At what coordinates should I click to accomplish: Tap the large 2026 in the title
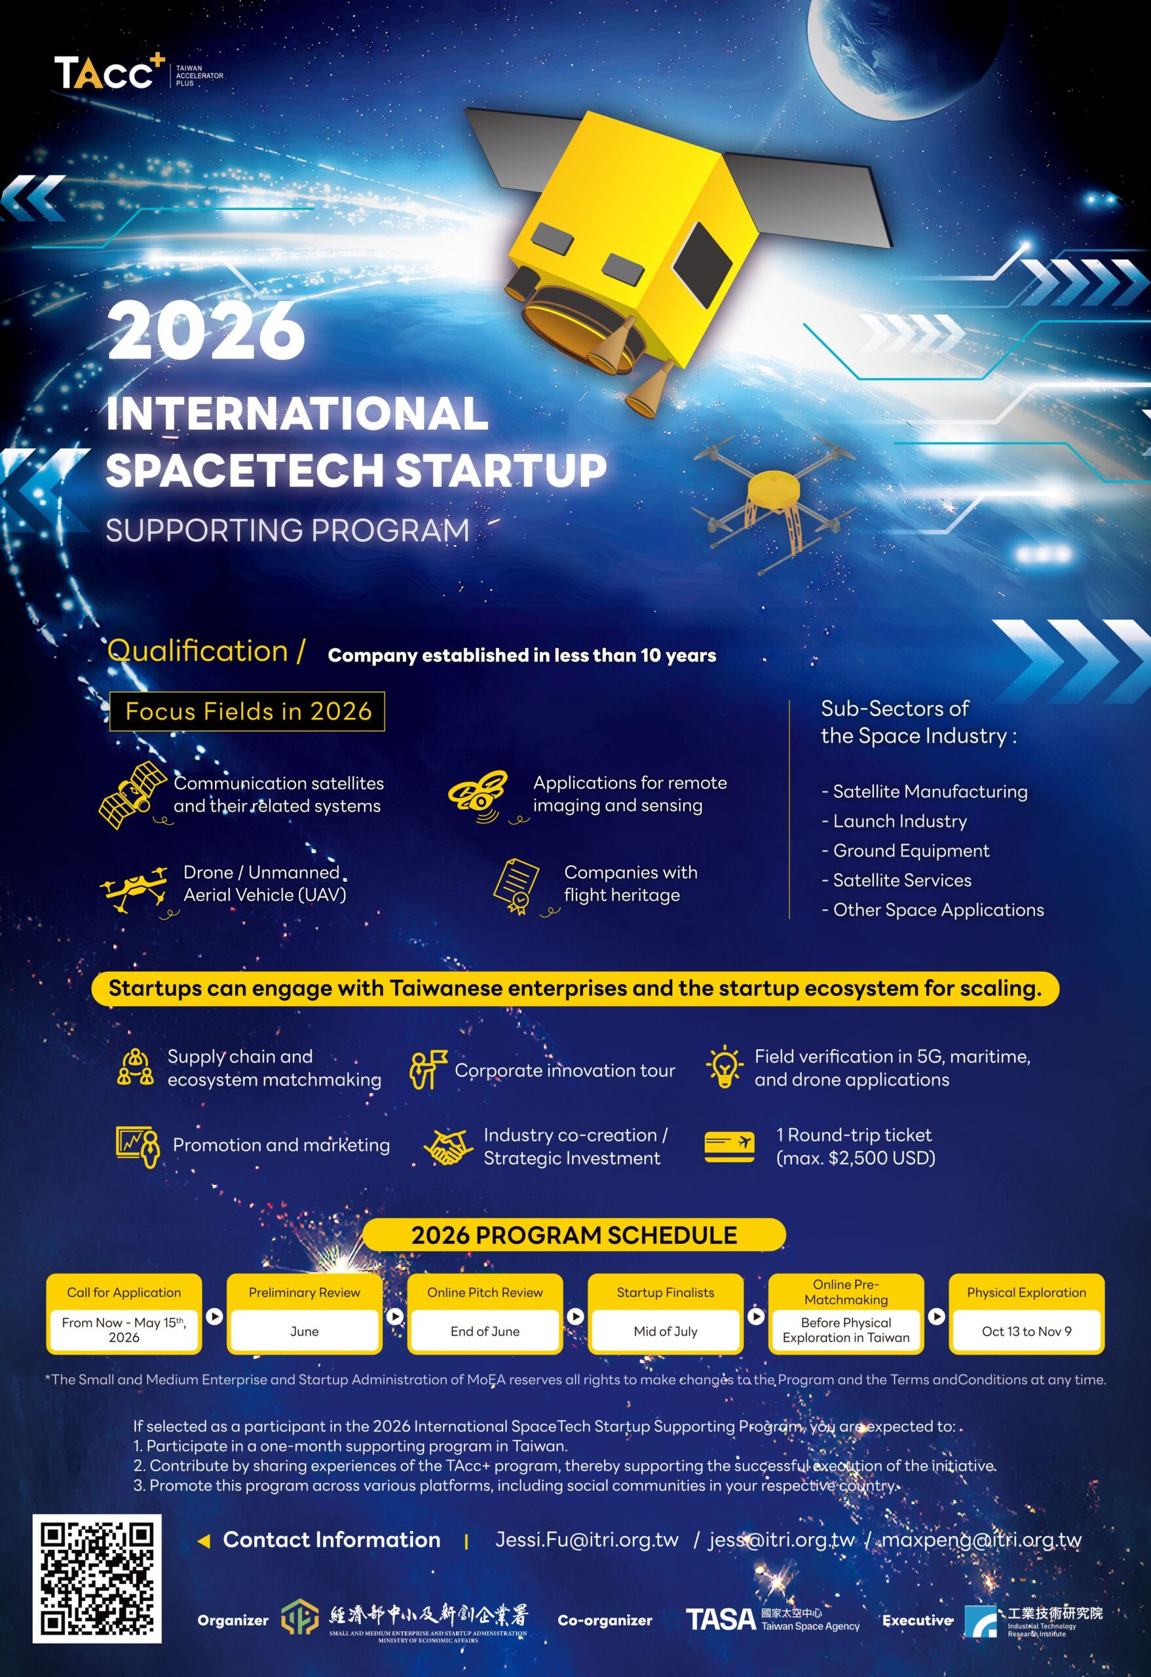206,331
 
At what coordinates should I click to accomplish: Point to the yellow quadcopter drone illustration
774,502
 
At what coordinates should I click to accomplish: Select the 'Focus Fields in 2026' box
247,711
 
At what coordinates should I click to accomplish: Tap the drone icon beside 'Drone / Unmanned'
135,889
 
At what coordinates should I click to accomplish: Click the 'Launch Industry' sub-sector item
894,821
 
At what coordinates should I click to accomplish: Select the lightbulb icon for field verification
724,1067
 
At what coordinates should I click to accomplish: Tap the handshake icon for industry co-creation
447,1146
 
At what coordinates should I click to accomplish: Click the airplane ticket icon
730,1146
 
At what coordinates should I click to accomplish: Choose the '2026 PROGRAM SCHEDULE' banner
574,1235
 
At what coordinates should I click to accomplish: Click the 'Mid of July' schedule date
666,1331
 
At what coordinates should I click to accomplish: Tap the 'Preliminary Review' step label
304,1292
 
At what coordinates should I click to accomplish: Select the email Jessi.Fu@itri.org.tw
587,1540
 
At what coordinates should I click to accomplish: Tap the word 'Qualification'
198,651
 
